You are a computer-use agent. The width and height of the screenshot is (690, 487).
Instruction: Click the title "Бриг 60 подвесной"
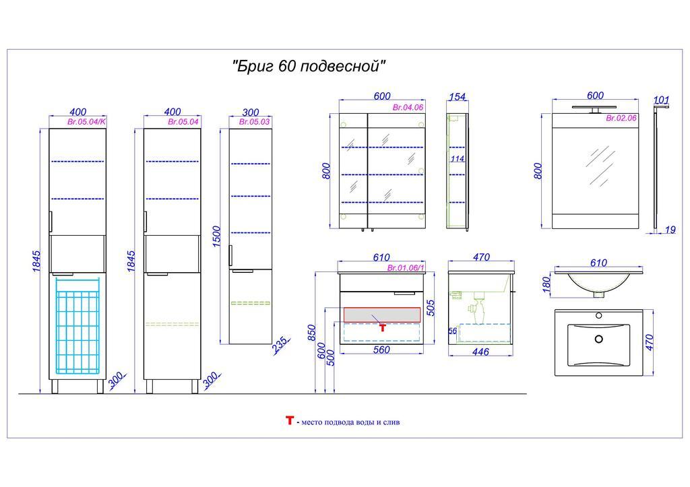click(309, 67)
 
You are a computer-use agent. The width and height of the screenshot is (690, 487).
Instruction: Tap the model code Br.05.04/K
click(87, 122)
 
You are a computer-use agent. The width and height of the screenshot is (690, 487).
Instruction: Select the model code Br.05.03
click(254, 122)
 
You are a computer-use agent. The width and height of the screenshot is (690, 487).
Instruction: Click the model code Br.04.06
click(408, 107)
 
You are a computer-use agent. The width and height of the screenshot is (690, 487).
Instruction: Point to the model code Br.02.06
click(621, 118)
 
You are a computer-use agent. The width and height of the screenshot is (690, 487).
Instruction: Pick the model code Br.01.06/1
click(406, 268)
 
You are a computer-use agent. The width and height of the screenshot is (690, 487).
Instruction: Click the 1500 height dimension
click(216, 236)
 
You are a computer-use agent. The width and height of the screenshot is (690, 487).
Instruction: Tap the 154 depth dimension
click(458, 96)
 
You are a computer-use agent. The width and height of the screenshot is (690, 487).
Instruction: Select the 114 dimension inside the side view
click(458, 159)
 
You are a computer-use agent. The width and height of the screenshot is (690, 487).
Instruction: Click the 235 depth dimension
click(281, 346)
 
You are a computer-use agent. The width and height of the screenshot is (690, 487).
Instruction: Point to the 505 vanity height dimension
click(431, 308)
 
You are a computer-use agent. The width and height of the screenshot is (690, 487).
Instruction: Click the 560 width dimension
click(381, 350)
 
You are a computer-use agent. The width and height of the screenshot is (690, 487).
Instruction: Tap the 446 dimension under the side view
click(480, 352)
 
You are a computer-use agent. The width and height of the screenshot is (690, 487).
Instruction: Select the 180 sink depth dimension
click(546, 285)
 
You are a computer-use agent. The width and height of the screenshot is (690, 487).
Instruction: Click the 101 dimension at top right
click(662, 100)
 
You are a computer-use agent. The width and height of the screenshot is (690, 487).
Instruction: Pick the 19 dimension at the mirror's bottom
click(670, 230)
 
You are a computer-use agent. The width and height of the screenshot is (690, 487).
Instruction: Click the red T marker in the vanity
click(383, 327)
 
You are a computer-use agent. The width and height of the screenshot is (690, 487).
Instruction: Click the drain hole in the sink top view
click(598, 339)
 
